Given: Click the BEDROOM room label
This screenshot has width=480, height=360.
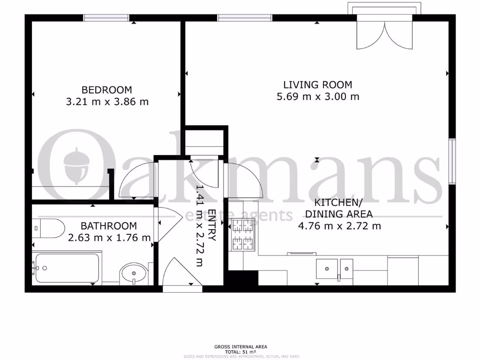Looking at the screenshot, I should point(107,90).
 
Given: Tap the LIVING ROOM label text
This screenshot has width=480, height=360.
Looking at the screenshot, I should point(317,85).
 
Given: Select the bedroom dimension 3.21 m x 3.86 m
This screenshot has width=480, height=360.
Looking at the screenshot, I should point(107,101).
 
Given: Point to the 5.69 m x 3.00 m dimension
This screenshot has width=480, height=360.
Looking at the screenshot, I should point(318,97).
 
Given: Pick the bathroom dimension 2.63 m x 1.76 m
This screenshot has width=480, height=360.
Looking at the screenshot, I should point(109,238).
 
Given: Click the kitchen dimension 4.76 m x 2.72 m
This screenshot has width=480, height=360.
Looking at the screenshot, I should point(339,226).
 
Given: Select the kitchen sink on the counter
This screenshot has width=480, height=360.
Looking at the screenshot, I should point(334,269).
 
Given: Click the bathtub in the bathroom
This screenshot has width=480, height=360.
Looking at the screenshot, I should point(66,268).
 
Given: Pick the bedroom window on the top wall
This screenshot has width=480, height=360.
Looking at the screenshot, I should point(106,18).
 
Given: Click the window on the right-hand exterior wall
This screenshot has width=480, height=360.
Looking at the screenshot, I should point(452,161).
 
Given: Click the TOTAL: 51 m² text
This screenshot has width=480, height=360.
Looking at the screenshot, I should point(240,352).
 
